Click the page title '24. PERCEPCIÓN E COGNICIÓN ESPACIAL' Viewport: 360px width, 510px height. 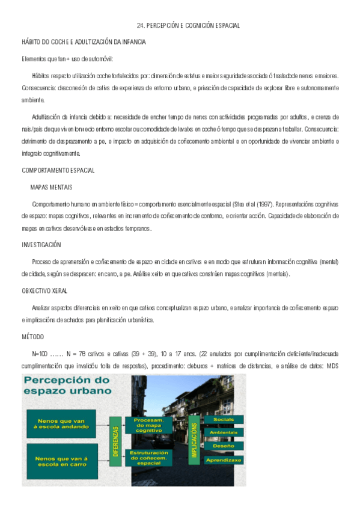click(x=188, y=26)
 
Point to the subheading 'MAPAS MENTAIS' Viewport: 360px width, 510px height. click(x=51, y=188)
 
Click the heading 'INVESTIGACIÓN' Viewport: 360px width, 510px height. click(x=41, y=245)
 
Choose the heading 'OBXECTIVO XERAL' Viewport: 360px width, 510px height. click(x=44, y=290)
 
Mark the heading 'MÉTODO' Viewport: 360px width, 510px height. click(x=32, y=336)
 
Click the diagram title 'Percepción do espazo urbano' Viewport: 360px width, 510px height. click(x=67, y=384)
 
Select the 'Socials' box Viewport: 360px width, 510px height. click(x=223, y=419)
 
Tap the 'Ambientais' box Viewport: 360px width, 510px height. click(x=223, y=433)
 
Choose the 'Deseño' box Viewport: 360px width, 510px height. click(x=223, y=446)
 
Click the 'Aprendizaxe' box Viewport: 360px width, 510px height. click(x=223, y=460)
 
